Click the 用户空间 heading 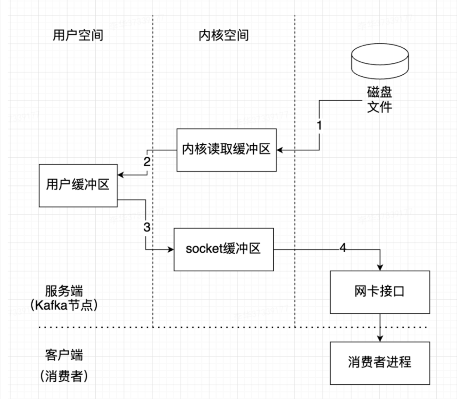click(x=78, y=35)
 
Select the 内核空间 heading click(x=223, y=35)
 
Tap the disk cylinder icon click(x=380, y=61)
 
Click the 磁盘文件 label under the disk click(x=380, y=99)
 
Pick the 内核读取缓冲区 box click(x=226, y=150)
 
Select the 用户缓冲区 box click(x=78, y=185)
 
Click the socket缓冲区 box click(x=223, y=249)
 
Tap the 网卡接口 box click(x=380, y=292)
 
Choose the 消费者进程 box click(x=380, y=363)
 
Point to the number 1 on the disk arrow click(x=319, y=126)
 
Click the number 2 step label click(x=147, y=162)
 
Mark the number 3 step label click(x=147, y=227)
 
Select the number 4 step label click(x=343, y=248)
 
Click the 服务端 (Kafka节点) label click(x=64, y=298)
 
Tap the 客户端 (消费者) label click(x=64, y=365)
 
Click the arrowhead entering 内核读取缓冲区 click(x=280, y=150)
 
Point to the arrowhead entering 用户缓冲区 click(x=121, y=175)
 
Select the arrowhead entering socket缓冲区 click(x=171, y=250)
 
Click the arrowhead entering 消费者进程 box click(x=380, y=339)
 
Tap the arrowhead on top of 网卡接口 click(x=380, y=268)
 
